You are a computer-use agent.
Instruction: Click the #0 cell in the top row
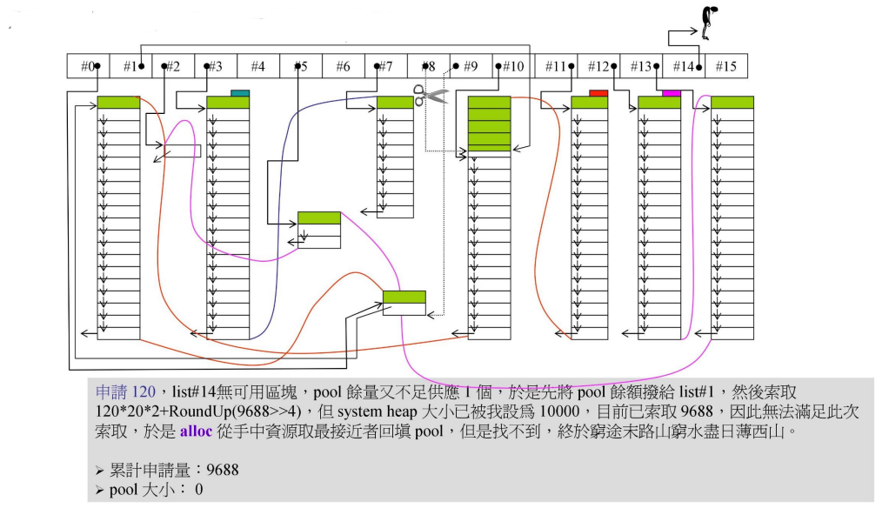[x=88, y=66]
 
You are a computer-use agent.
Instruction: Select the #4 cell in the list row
[x=257, y=66]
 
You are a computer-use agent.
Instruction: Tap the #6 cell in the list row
[x=343, y=66]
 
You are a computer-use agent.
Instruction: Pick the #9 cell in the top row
[x=470, y=66]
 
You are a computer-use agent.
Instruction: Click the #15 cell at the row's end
[x=725, y=66]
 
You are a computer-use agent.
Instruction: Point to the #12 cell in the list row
[x=598, y=66]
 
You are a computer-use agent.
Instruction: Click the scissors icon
[x=431, y=95]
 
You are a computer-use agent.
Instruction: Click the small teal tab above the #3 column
[x=240, y=92]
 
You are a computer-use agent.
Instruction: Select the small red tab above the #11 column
[x=598, y=92]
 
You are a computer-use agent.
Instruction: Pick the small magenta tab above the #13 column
[x=671, y=92]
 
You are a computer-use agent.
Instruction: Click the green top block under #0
[x=118, y=103]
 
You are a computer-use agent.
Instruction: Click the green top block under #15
[x=732, y=103]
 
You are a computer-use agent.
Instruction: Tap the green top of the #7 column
[x=395, y=103]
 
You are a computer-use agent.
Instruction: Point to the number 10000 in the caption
[x=531, y=411]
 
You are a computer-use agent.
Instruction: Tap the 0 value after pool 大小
[x=198, y=490]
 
